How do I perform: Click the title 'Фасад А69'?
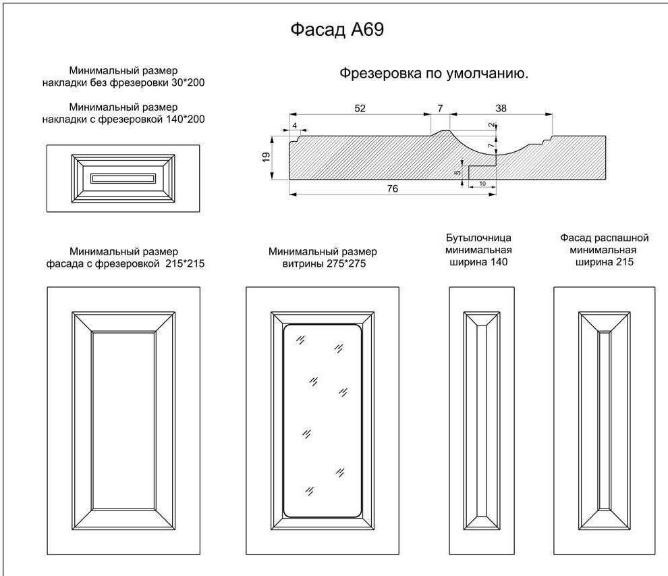click(x=337, y=30)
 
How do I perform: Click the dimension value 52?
click(x=360, y=107)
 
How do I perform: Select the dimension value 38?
click(x=501, y=107)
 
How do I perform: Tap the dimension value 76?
click(x=392, y=189)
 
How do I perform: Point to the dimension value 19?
click(x=266, y=157)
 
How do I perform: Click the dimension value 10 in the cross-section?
click(x=482, y=184)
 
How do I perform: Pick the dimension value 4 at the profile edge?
click(x=294, y=126)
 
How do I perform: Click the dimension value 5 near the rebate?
click(x=457, y=173)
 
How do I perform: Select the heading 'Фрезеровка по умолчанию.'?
click(x=433, y=74)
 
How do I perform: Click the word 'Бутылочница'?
click(x=478, y=238)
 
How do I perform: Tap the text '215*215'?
click(x=184, y=263)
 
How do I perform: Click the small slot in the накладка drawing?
click(x=123, y=178)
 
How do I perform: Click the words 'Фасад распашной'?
click(x=604, y=238)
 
